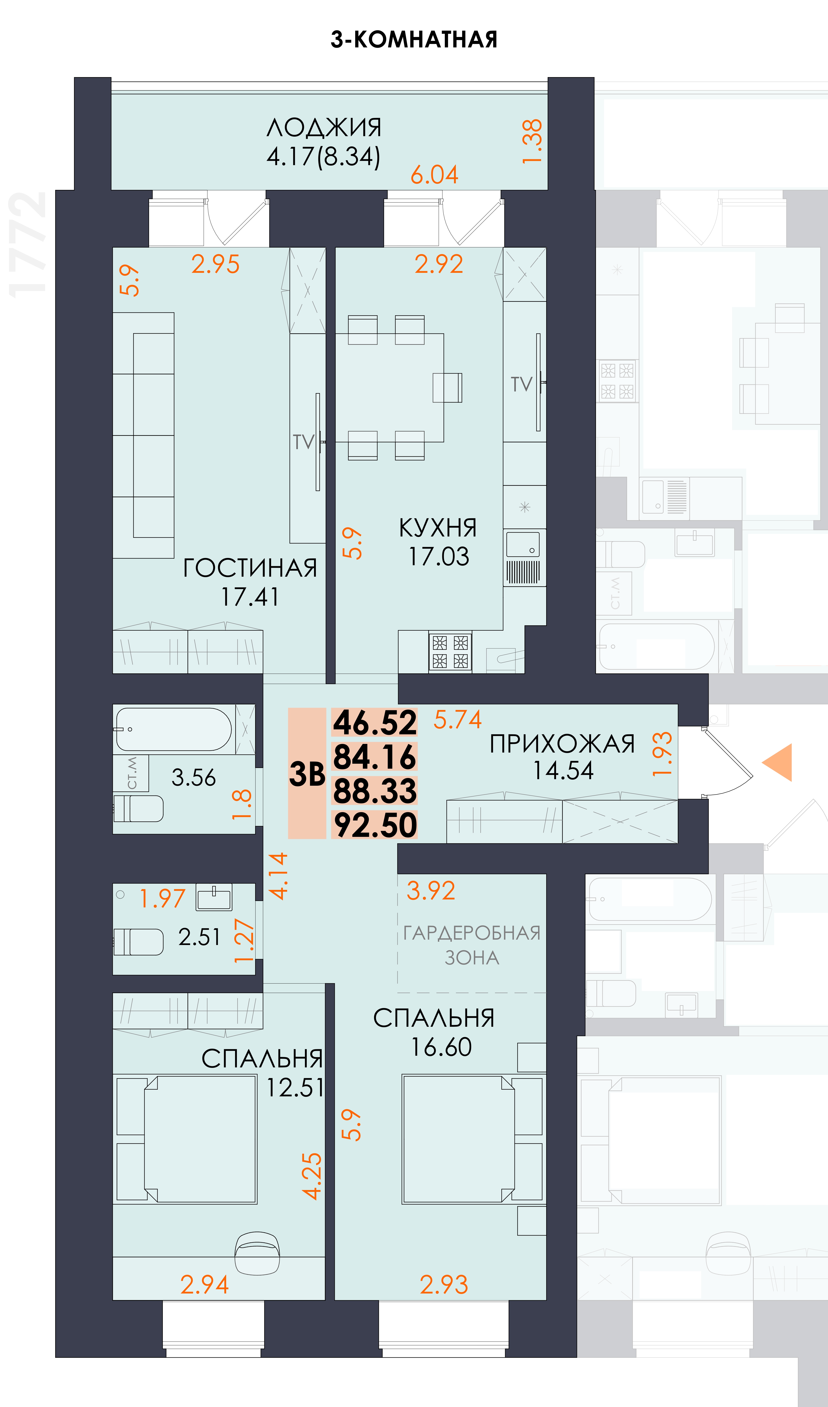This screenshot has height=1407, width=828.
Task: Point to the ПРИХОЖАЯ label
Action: click(562, 744)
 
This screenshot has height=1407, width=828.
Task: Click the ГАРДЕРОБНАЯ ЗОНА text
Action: click(472, 945)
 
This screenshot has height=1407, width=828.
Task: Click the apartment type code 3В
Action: click(307, 774)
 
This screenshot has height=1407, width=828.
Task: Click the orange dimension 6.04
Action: click(434, 175)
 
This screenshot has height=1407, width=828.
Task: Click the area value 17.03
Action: click(439, 557)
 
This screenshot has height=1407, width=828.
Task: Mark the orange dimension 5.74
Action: click(457, 720)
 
